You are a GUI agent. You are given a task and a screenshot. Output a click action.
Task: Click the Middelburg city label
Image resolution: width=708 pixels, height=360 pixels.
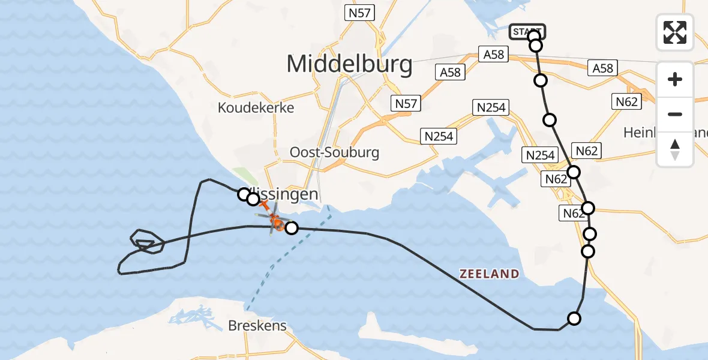coord(349,64)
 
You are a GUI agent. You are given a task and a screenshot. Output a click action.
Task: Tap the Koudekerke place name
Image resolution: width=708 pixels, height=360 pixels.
coord(256,108)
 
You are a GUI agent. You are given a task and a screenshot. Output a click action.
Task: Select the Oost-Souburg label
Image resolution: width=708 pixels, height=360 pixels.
coord(334,152)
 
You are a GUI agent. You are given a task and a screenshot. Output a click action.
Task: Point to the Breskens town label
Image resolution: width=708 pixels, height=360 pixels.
coord(257,326)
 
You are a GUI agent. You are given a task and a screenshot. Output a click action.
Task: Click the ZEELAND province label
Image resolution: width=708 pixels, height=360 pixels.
coord(490,274)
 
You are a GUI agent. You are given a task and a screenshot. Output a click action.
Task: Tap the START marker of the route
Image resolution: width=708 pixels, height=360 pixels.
coord(527,31)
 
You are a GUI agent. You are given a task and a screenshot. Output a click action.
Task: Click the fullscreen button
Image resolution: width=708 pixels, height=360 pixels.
coord(675,32)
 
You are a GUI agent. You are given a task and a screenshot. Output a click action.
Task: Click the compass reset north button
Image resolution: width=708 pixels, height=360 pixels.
coord(675,149)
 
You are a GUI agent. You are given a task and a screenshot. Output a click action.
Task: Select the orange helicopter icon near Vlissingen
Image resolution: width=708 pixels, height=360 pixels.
coord(273,222)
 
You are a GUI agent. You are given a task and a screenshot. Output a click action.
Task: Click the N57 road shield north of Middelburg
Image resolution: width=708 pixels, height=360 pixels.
coord(360,12)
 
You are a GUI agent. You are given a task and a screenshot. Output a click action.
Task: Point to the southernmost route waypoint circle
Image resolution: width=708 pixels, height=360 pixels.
coord(574,319)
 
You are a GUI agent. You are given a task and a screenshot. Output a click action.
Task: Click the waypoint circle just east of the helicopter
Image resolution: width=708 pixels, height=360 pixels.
coord(292,228)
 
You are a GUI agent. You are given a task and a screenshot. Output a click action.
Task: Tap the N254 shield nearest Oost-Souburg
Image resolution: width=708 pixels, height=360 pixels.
coord(439,136)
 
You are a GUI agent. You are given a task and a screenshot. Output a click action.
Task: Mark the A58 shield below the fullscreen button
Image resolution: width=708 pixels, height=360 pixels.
coord(602,68)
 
